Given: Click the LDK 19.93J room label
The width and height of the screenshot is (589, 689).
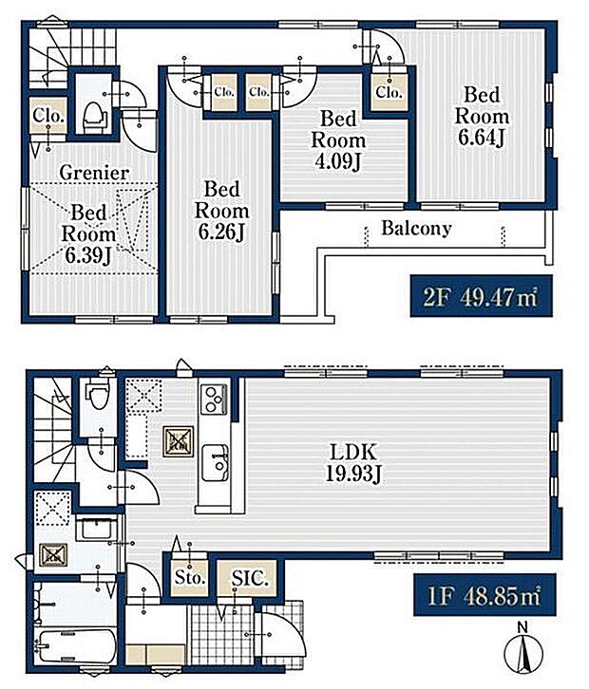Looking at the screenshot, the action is (x=353, y=463).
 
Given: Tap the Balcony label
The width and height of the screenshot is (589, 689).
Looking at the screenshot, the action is (x=416, y=228).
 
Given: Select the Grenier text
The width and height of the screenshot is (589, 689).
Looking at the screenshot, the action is (x=94, y=173).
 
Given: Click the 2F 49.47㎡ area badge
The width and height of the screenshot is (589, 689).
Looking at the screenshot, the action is (x=481, y=296).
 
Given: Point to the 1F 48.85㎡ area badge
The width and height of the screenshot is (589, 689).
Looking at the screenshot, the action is (x=484, y=595).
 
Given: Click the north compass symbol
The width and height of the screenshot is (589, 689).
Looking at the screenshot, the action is (x=522, y=651).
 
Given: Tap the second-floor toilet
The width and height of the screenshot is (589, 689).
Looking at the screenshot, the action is (x=94, y=116).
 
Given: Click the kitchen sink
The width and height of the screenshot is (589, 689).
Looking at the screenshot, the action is (x=215, y=463).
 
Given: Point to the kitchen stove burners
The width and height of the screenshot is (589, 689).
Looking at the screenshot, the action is (x=214, y=399).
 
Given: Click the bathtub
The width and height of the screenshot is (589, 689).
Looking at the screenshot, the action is (x=76, y=647).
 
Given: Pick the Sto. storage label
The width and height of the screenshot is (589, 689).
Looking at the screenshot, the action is (x=190, y=577).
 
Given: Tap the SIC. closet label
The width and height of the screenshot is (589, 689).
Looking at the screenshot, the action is (x=250, y=577).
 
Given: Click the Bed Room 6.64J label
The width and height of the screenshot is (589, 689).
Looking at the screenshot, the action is (x=482, y=116).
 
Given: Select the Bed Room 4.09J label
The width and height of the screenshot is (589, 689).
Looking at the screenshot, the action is (x=338, y=140).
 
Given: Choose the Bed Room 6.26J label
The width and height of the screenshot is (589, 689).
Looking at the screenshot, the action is (x=221, y=211).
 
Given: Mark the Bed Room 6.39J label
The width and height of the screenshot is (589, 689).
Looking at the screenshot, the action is (x=88, y=233).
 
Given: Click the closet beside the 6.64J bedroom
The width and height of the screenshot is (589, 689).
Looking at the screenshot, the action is (x=389, y=92).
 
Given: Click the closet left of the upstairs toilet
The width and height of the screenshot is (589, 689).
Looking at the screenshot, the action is (x=48, y=116).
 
